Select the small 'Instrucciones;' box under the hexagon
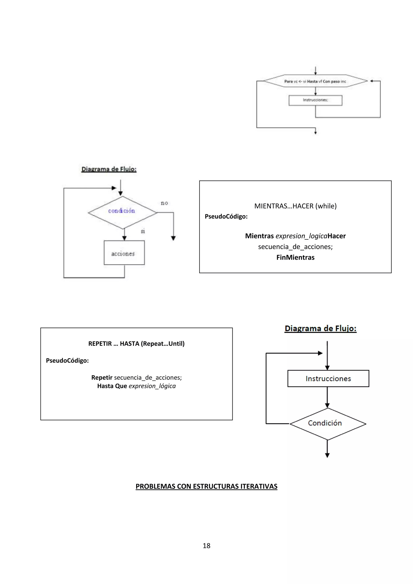(x=315, y=100)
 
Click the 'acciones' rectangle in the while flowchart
(x=124, y=253)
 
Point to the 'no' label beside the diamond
(x=164, y=203)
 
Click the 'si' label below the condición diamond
(x=143, y=231)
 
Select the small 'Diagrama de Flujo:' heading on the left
(x=109, y=169)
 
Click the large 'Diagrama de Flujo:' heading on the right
(x=320, y=328)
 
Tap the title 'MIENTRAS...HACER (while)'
(x=295, y=206)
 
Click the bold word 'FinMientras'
(x=295, y=257)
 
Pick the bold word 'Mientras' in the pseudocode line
(x=259, y=236)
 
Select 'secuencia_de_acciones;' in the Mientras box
(x=295, y=247)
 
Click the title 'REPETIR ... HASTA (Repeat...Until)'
(x=136, y=344)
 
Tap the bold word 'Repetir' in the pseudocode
(x=102, y=378)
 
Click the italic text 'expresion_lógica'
(x=152, y=386)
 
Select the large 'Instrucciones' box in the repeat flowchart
(x=328, y=379)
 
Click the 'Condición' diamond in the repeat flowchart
(x=327, y=423)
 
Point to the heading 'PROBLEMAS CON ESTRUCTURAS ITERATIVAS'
(x=206, y=486)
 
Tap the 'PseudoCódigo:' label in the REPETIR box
(x=67, y=360)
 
